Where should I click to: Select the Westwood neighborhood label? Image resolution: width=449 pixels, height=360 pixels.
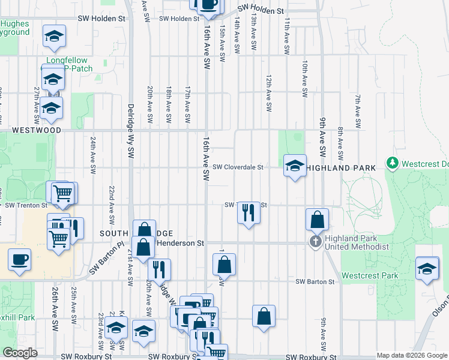[x=36, y=130]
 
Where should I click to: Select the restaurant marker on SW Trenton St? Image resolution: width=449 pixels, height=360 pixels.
[x=247, y=212]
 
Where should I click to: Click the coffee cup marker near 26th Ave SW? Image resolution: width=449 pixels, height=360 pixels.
[x=19, y=260]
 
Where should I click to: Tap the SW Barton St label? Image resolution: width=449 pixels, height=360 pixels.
[x=315, y=281]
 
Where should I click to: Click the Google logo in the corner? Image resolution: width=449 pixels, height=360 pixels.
[x=20, y=353]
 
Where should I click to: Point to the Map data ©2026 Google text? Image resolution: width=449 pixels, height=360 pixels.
[x=411, y=355]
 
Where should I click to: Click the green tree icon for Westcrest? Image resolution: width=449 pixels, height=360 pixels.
[x=393, y=163]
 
